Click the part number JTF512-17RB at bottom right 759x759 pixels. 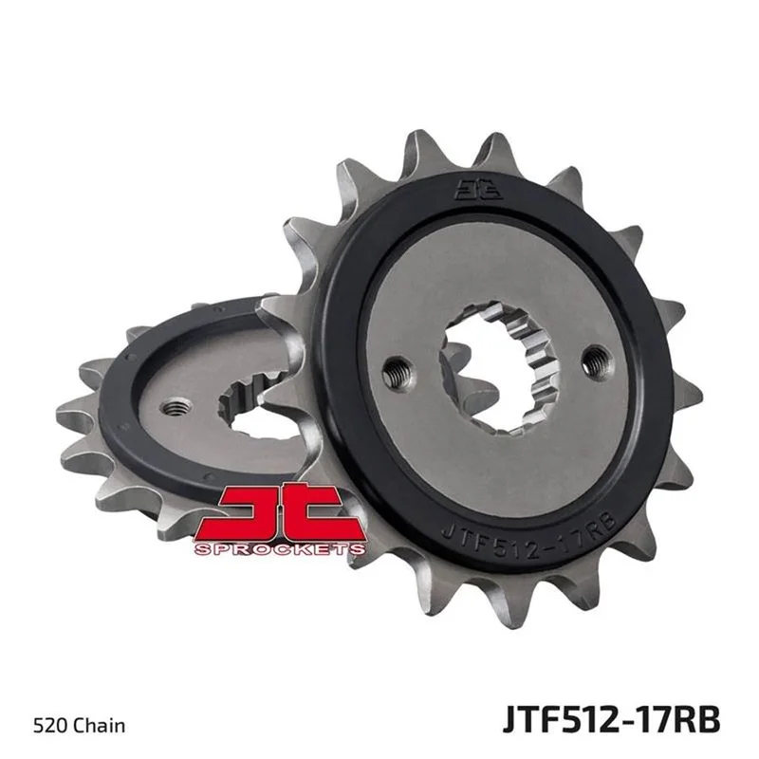pos(611,719)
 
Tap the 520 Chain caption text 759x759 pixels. pos(80,726)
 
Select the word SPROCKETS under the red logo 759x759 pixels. pos(280,549)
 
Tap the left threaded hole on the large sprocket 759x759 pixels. pos(397,370)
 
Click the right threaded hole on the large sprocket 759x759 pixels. pos(596,361)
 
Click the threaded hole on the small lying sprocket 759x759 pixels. pos(176,408)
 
